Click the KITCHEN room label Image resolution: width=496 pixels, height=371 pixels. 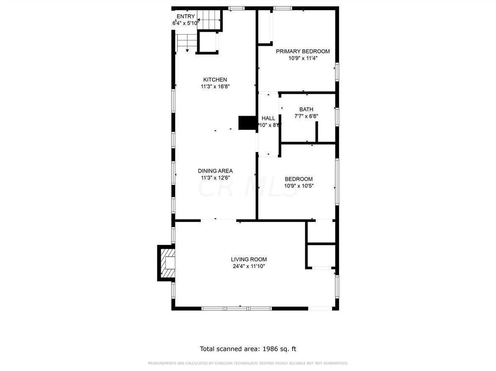215,80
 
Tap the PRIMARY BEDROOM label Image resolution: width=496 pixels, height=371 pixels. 303,51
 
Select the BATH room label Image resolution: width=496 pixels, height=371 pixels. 306,109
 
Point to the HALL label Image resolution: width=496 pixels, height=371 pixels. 268,118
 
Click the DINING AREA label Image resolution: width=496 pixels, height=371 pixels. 215,171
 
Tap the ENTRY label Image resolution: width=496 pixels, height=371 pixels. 185,17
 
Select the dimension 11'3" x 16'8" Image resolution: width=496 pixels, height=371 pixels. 215,86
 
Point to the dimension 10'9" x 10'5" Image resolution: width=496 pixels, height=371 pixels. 299,186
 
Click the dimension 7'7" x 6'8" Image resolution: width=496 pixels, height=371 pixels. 306,116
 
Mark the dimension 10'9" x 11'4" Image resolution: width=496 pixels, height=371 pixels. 303,58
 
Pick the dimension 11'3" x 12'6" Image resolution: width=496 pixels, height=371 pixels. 215,178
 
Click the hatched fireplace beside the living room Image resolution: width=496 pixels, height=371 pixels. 167,263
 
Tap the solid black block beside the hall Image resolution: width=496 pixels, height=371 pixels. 247,123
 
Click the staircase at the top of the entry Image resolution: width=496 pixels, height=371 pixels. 208,19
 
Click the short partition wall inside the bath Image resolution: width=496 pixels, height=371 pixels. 317,132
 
